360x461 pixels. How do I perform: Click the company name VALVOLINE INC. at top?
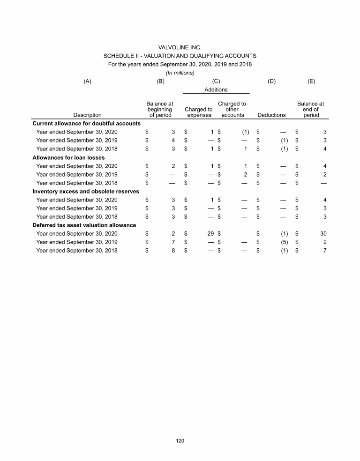(180, 47)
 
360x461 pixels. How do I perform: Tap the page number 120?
(180, 440)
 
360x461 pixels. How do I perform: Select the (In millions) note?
(180, 73)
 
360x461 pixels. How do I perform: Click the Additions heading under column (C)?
(216, 89)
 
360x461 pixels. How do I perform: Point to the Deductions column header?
(271, 115)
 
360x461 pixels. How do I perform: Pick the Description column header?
(87, 115)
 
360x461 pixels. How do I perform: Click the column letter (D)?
(271, 81)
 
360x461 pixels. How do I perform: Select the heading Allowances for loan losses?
(65, 157)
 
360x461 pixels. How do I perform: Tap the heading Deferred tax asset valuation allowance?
(84, 225)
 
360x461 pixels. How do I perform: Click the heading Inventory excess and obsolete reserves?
(85, 191)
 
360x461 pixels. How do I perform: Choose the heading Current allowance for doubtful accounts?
(86, 123)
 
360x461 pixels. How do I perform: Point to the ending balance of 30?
(323, 233)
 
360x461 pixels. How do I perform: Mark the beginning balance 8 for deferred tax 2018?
(173, 250)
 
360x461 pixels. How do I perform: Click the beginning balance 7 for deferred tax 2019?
(173, 242)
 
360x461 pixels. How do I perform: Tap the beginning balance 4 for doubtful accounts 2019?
(173, 140)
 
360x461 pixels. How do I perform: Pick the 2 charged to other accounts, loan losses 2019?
(245, 174)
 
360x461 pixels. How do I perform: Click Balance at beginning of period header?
(160, 109)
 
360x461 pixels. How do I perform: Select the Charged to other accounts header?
(232, 109)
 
